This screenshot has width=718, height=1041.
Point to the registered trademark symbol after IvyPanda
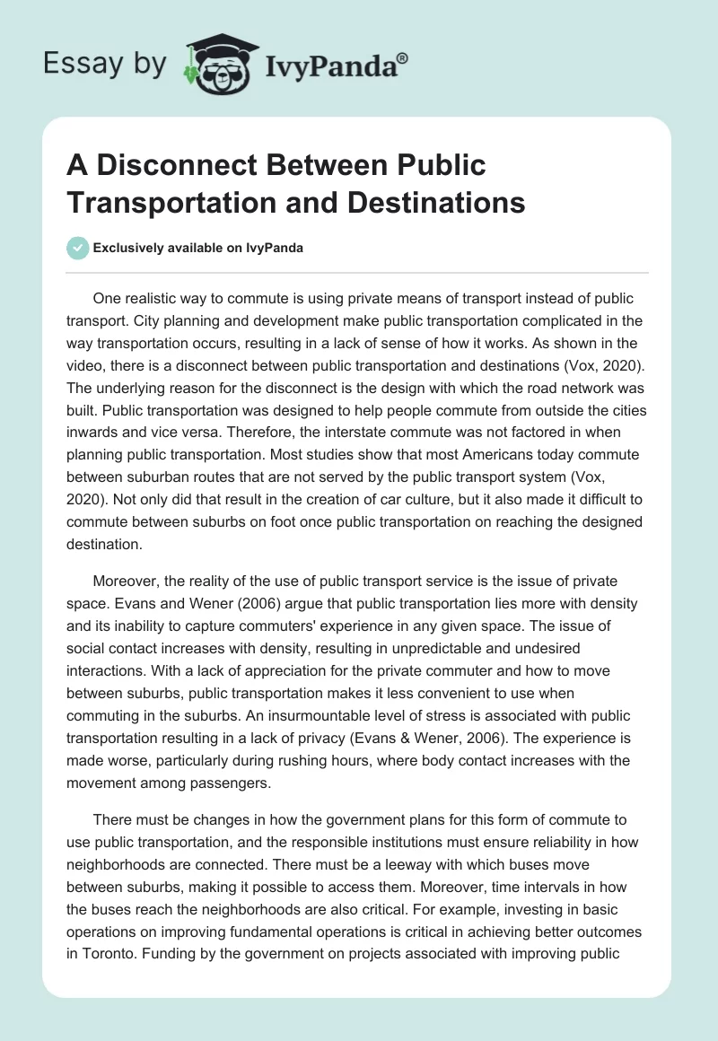[403, 57]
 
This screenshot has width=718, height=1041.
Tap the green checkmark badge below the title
[78, 248]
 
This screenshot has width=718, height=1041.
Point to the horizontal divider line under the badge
[358, 273]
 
